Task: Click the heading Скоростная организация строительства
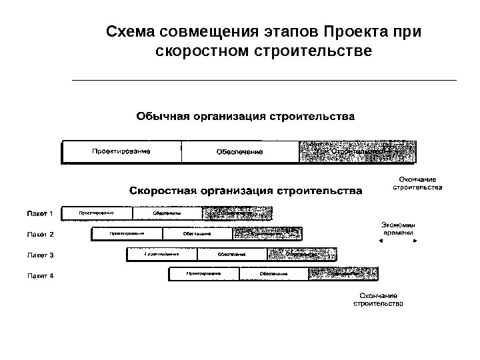[245, 191]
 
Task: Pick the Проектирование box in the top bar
[121, 151]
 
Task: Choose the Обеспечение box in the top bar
[239, 151]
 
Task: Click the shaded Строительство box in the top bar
[358, 151]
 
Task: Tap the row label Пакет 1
[40, 213]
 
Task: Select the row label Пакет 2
[40, 235]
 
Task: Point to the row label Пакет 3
[40, 255]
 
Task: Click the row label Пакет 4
[40, 275]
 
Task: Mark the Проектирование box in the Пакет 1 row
[97, 213]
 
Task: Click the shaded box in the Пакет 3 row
[302, 254]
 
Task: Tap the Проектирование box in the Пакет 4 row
[203, 274]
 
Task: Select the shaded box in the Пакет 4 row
[343, 274]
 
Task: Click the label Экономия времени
[399, 229]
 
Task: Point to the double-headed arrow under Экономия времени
[399, 243]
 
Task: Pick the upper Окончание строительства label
[417, 183]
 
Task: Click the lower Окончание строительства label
[378, 300]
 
